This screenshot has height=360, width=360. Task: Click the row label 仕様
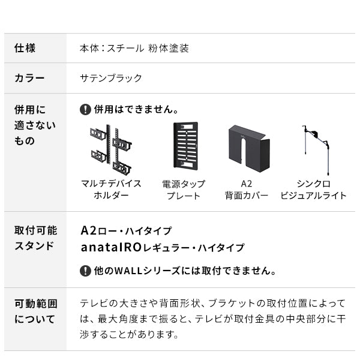(25, 48)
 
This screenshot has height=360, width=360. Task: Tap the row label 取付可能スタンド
(35, 238)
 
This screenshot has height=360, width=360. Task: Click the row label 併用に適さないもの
(35, 125)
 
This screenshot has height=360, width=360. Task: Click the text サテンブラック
(111, 78)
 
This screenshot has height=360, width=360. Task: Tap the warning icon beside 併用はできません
(85, 110)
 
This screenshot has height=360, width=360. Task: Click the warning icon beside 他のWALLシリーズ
(85, 271)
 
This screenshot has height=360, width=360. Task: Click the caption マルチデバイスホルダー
(111, 190)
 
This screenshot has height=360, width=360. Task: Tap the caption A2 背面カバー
(246, 190)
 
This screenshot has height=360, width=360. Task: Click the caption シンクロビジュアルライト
(314, 190)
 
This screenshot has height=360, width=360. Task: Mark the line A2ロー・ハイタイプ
(126, 230)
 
